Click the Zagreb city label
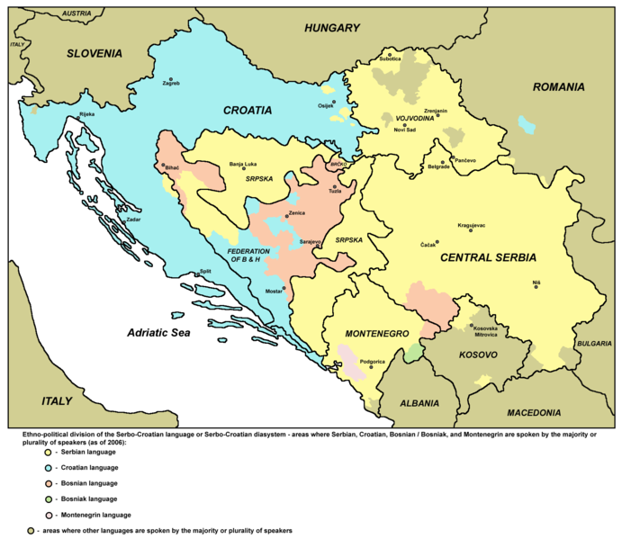point(171,84)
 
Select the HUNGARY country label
point(331,29)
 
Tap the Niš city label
point(536,283)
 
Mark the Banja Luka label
point(243,165)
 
